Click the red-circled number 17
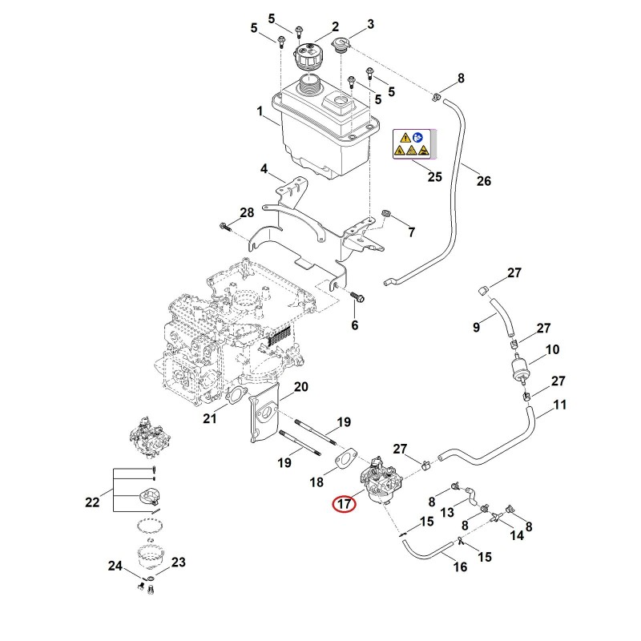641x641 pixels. click(345, 504)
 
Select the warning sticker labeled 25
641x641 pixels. click(415, 144)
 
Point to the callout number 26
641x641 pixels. click(484, 181)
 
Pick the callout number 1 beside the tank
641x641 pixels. click(260, 111)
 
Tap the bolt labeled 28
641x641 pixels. click(225, 226)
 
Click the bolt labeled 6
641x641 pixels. click(357, 297)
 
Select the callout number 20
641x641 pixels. click(301, 387)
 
